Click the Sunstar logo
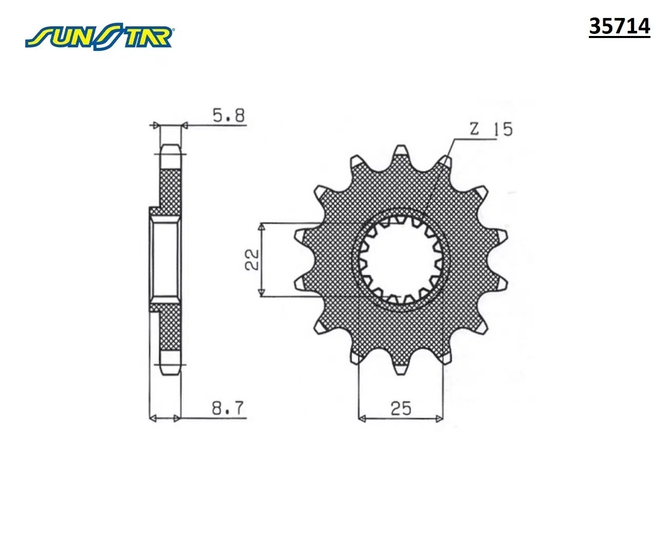tap(99, 38)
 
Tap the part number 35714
tap(619, 27)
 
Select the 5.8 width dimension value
tap(228, 116)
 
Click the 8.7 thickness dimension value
tap(228, 408)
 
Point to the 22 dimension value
tap(252, 259)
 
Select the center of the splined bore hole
tap(401, 259)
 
